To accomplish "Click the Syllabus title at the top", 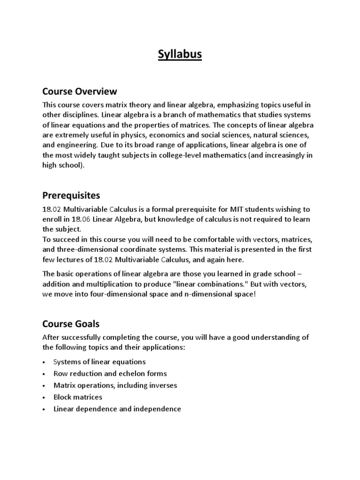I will (180, 55).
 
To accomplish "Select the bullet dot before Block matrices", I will (44, 397).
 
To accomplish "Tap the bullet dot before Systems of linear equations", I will (44, 362).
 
